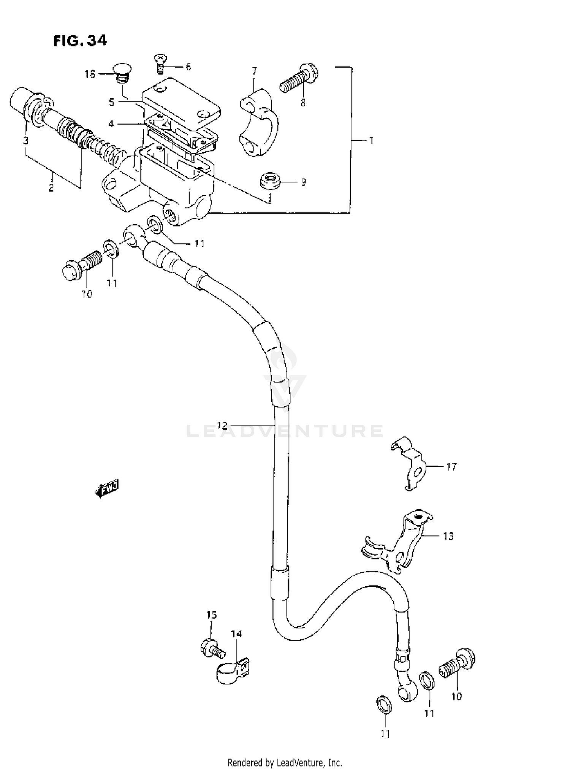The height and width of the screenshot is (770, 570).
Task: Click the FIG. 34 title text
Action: tap(80, 40)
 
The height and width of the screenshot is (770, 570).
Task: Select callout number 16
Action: tap(90, 74)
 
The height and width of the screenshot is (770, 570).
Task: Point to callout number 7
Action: tap(254, 71)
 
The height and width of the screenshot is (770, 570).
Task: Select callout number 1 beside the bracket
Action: tap(371, 140)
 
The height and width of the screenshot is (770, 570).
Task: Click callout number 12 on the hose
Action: tap(222, 425)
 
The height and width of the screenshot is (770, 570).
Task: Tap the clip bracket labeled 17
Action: tap(408, 463)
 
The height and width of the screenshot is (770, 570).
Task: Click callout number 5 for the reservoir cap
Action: tap(111, 102)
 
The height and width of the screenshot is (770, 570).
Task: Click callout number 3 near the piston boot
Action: tap(25, 141)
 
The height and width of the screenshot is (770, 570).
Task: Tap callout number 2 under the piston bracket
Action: tap(51, 187)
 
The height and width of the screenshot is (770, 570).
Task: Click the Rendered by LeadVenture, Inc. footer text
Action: tap(285, 762)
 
